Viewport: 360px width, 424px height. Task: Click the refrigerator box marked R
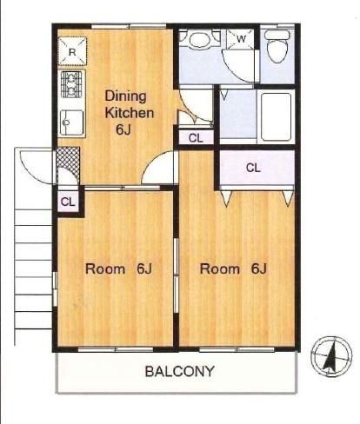72,51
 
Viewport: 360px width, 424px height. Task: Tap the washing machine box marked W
240,38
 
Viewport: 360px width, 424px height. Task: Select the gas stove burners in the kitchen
71,84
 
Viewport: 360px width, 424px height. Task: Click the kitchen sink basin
72,123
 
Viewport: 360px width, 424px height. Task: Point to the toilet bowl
277,46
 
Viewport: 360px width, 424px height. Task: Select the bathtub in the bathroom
276,116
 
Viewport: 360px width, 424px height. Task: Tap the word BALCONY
180,371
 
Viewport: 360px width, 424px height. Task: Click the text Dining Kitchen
129,104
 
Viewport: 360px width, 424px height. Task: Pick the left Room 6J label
118,269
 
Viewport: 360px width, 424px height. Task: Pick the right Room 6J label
233,269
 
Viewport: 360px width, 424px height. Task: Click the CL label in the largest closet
253,168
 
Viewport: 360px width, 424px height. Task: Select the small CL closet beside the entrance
68,202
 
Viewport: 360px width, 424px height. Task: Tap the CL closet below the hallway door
196,137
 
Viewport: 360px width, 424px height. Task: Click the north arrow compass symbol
331,356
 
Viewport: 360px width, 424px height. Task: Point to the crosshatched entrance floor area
69,161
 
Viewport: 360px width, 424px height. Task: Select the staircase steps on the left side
33,269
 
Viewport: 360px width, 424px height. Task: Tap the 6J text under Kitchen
123,129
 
